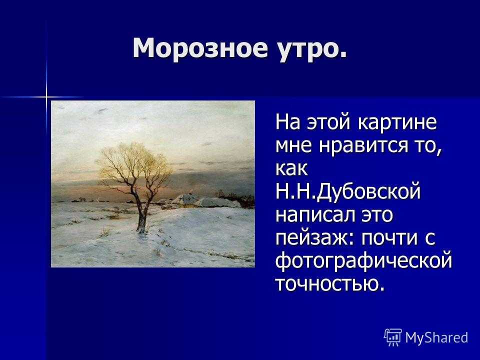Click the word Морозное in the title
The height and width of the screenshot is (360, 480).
pos(200,48)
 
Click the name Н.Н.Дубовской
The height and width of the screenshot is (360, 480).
pos(348,192)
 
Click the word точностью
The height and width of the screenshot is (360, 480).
pos(326,284)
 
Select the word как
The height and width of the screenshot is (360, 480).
pos(291,168)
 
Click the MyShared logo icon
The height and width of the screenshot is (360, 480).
pos(393,337)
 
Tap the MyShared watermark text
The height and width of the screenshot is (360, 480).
pos(436,337)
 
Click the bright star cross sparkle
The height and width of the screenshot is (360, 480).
pos(46,97)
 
